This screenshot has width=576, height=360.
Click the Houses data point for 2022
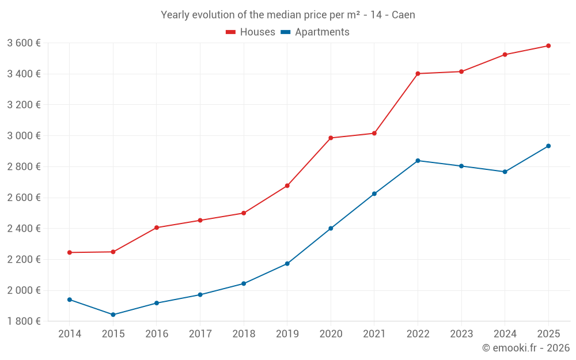click(418, 74)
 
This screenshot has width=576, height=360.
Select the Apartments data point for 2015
click(113, 314)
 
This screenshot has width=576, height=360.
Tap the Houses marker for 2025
click(548, 46)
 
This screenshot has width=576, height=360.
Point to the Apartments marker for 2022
click(418, 161)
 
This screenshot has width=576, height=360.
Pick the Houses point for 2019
click(287, 185)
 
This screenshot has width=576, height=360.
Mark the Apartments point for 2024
click(505, 172)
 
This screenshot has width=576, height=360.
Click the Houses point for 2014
click(70, 252)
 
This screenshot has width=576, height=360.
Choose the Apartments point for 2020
click(331, 229)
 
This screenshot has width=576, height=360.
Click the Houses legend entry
click(251, 32)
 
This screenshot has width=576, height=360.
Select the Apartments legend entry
click(315, 32)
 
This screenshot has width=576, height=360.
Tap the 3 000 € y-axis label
click(24, 135)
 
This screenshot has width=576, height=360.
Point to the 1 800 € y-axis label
click(24, 321)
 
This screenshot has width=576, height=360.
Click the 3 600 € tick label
click(24, 43)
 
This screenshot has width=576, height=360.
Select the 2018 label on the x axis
click(244, 334)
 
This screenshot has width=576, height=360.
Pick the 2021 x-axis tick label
click(374, 334)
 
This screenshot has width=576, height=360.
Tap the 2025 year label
click(548, 334)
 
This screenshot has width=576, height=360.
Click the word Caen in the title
click(403, 15)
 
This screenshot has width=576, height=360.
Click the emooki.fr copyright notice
click(526, 348)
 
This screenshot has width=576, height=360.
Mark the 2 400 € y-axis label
click(24, 228)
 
